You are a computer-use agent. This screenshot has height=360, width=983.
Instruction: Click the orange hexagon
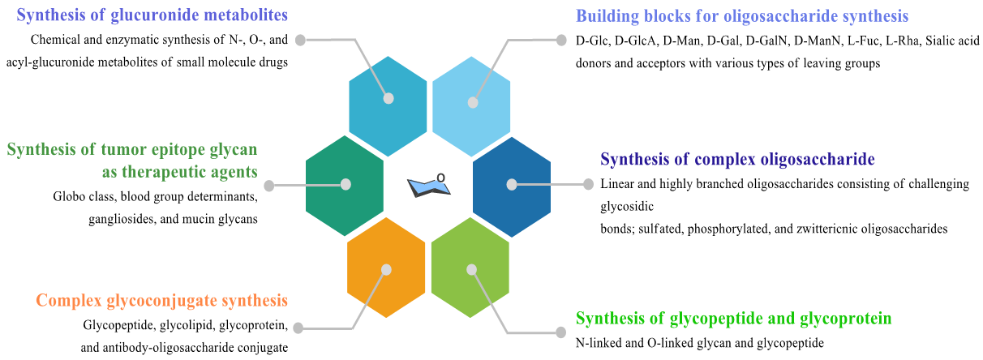(385, 274)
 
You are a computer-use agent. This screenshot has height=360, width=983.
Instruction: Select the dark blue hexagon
(511, 185)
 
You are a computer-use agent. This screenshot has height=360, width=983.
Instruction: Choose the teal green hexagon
(345, 185)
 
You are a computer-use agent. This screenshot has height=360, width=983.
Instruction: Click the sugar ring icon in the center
(429, 186)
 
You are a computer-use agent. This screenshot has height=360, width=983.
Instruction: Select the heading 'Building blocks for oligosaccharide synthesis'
(742, 15)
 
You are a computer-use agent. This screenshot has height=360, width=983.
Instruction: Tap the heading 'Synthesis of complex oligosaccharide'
(737, 158)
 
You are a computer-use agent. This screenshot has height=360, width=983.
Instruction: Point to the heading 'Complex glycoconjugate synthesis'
(161, 301)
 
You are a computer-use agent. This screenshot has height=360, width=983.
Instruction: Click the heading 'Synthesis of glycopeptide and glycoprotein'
(733, 318)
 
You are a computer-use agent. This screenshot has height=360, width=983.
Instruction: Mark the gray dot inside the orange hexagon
(386, 269)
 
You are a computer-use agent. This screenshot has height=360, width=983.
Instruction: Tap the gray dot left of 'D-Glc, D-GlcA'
(560, 40)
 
